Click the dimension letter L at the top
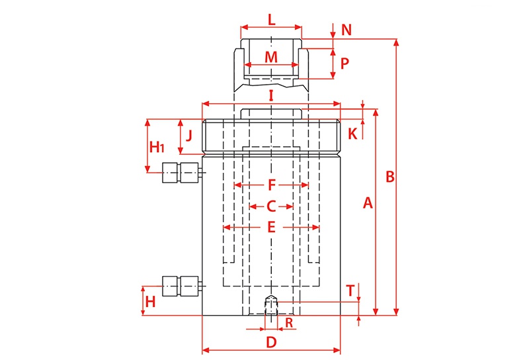click(272, 20)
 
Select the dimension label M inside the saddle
click(271, 57)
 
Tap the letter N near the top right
click(346, 30)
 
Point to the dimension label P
click(345, 63)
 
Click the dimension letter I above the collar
click(271, 96)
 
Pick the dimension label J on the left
click(189, 136)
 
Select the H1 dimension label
click(157, 147)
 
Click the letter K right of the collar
click(352, 134)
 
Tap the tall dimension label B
click(390, 177)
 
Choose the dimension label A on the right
click(368, 203)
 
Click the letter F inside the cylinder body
click(272, 185)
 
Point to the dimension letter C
click(271, 206)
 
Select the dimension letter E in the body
click(271, 227)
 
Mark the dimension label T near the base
click(351, 291)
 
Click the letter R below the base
click(289, 323)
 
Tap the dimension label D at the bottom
click(271, 342)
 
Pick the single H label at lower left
click(150, 302)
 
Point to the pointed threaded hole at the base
click(271, 305)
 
